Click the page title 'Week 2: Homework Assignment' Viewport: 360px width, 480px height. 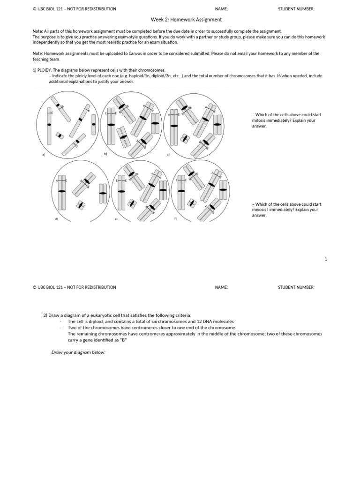186,20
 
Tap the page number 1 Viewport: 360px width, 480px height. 326,259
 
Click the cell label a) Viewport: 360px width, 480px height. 44,155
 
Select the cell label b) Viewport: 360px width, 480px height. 105,154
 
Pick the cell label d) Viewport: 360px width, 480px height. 56,219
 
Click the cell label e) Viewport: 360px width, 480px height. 115,219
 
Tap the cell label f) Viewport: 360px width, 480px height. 175,218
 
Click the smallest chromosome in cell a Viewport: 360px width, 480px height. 60,135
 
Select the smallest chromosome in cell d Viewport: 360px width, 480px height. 81,205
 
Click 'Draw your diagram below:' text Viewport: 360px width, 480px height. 78,352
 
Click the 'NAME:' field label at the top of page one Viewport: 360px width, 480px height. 221,9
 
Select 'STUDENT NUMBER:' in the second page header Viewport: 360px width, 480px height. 296,287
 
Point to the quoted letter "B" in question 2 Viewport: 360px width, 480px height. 124,340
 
